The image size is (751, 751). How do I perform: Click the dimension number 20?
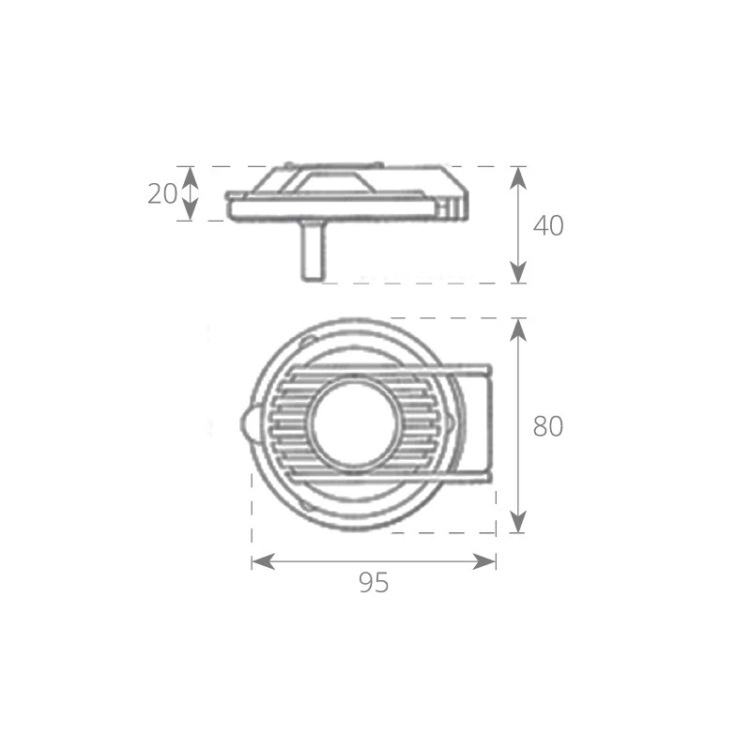162,194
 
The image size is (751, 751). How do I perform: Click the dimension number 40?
548,225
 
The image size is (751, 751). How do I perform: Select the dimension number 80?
548,426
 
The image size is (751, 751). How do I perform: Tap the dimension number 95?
374,583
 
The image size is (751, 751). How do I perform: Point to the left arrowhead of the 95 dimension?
263,561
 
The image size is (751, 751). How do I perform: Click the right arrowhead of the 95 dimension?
484,561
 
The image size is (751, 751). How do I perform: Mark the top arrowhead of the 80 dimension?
518,330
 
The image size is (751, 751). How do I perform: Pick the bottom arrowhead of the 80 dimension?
518,522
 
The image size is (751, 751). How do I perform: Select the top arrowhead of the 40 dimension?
518,178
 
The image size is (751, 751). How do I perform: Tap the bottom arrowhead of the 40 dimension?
518,272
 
